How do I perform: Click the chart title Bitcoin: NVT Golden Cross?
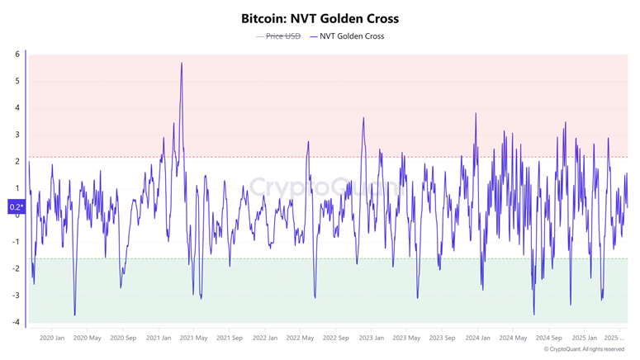(320, 17)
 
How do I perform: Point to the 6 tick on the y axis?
(17, 54)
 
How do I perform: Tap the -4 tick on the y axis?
(16, 322)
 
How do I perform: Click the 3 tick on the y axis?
(17, 135)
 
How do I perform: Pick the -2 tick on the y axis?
(16, 268)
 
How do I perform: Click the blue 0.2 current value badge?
(16, 207)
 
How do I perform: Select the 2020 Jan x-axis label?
(52, 338)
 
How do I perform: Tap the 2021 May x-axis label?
(194, 338)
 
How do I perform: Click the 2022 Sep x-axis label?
(336, 338)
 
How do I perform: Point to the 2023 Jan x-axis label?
(372, 338)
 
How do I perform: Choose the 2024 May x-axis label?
(514, 338)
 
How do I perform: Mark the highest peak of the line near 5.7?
(182, 63)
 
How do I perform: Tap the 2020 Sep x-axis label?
(123, 338)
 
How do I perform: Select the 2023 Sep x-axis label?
(443, 338)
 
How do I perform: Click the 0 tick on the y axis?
(17, 215)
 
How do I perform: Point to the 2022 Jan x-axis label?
(265, 338)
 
